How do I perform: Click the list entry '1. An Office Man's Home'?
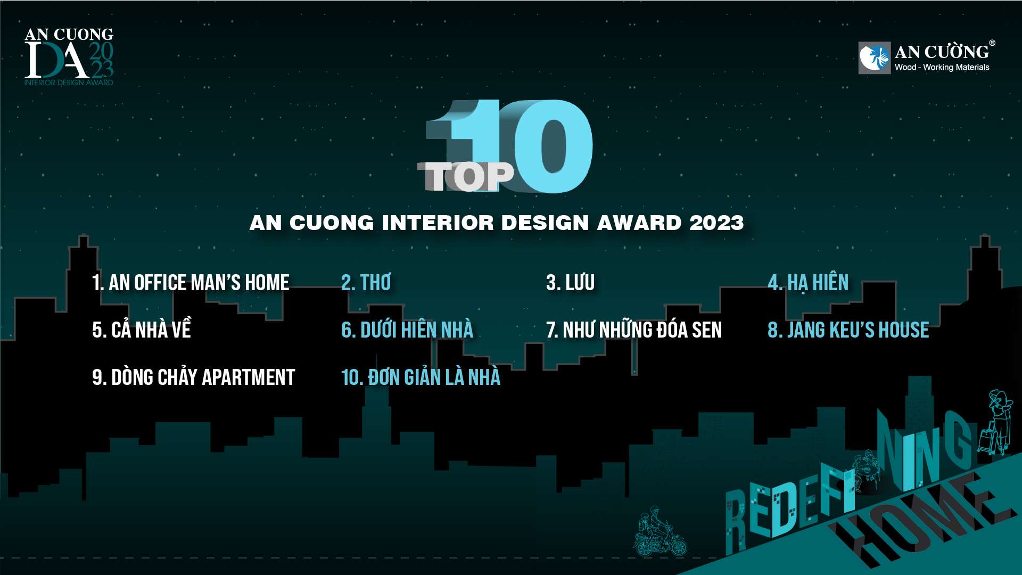pyautogui.click(x=191, y=282)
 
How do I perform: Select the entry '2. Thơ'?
pyautogui.click(x=366, y=282)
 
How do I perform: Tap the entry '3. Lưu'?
pyautogui.click(x=570, y=282)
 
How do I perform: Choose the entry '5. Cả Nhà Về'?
pyautogui.click(x=142, y=329)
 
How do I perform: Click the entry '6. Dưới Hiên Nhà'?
pyautogui.click(x=407, y=329)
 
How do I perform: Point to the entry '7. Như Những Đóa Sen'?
pyautogui.click(x=634, y=329)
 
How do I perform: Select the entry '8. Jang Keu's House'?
pyautogui.click(x=848, y=330)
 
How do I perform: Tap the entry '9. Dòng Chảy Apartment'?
pyautogui.click(x=193, y=376)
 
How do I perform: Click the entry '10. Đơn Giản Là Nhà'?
pyautogui.click(x=421, y=376)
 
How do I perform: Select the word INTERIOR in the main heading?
pyautogui.click(x=438, y=223)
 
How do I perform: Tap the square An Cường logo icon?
pyautogui.click(x=875, y=57)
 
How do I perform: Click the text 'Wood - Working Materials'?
pyautogui.click(x=942, y=67)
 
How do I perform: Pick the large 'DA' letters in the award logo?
pyautogui.click(x=56, y=60)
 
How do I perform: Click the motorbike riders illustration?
pyautogui.click(x=660, y=531)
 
